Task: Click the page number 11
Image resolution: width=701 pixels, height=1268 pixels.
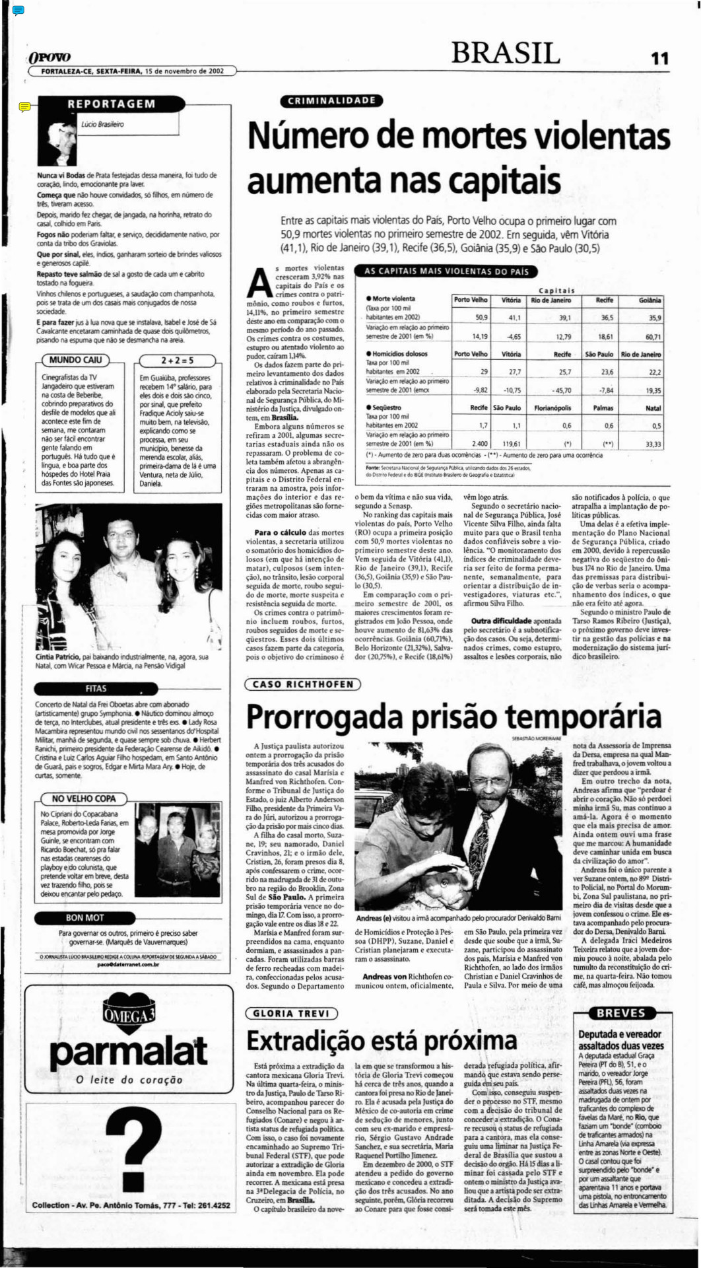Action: [659, 58]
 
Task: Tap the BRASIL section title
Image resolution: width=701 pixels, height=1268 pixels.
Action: [506, 53]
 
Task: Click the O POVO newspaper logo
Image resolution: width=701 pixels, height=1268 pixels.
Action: [49, 58]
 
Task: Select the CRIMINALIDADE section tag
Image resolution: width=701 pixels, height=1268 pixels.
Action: [331, 100]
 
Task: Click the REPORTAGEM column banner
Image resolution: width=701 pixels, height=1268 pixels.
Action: [112, 104]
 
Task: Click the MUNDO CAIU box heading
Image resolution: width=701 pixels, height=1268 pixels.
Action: [75, 360]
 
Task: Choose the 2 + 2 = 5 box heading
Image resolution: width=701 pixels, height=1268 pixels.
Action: [178, 361]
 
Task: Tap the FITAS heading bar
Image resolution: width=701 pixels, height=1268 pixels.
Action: [96, 688]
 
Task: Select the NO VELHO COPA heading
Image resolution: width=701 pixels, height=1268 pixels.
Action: [83, 798]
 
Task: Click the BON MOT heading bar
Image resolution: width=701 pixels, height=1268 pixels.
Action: [84, 917]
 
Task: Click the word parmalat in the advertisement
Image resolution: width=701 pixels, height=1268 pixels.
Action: [129, 1051]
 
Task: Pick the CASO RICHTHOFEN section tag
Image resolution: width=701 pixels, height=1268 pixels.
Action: [303, 684]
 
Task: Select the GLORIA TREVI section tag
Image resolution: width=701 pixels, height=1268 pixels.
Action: [290, 1014]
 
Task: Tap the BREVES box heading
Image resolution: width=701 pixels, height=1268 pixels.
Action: [620, 1013]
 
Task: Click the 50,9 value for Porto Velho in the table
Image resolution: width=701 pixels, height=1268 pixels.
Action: [481, 318]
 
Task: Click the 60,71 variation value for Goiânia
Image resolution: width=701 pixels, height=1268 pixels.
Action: [653, 336]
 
